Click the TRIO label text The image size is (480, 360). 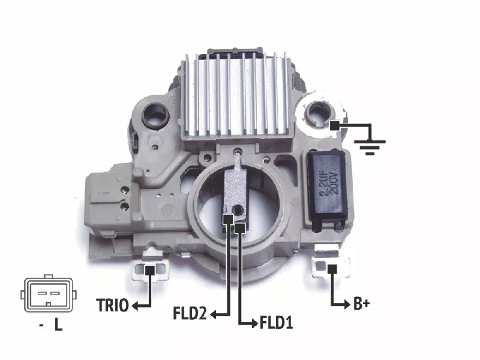click(x=112, y=305)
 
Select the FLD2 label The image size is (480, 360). click(x=190, y=313)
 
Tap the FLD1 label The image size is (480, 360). click(x=276, y=323)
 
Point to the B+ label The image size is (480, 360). click(x=362, y=304)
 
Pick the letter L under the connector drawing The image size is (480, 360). click(x=58, y=325)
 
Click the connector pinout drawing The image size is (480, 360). click(x=49, y=293)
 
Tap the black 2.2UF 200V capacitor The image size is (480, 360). click(x=327, y=185)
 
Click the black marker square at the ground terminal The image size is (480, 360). click(x=335, y=125)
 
